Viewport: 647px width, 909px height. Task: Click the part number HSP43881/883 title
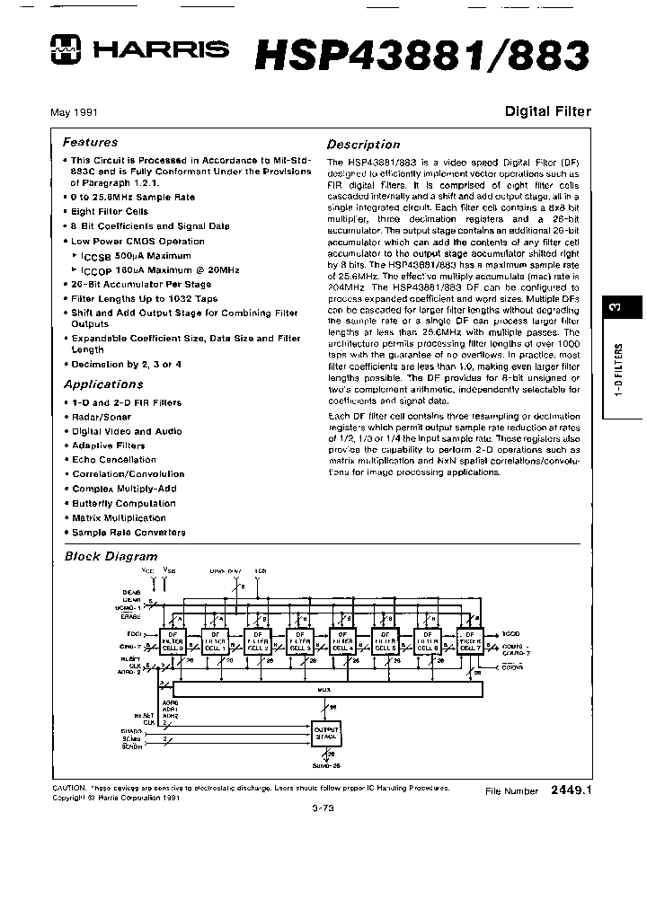pos(422,54)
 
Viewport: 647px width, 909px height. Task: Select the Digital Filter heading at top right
pos(547,112)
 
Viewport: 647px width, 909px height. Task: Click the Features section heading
pos(90,142)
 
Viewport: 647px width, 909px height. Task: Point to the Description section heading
pos(363,144)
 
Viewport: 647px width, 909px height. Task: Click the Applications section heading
pos(103,384)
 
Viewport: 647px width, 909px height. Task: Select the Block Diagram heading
pos(111,556)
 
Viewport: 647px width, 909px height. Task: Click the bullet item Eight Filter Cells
pos(110,211)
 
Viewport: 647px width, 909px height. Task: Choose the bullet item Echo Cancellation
pos(113,460)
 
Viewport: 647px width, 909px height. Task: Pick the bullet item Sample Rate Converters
pos(129,532)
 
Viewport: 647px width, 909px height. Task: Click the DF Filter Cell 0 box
pos(174,640)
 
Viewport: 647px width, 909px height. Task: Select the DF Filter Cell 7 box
pos(469,640)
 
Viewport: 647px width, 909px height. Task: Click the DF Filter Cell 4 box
pos(342,640)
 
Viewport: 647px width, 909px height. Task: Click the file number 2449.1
pos(571,790)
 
